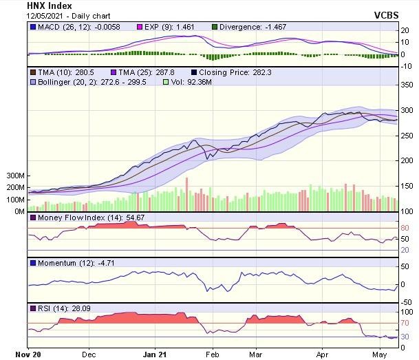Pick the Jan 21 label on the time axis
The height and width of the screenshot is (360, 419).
[x=154, y=355]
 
